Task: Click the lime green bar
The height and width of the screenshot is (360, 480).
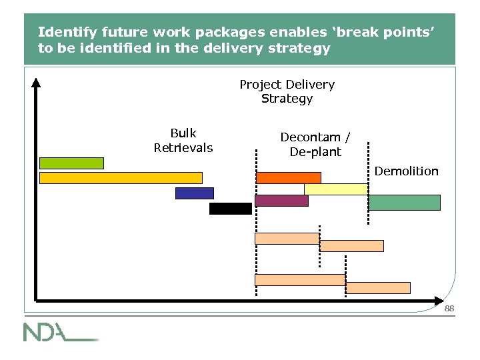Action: pyautogui.click(x=71, y=163)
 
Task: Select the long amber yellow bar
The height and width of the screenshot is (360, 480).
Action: pyautogui.click(x=121, y=178)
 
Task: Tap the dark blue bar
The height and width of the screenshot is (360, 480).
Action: pyautogui.click(x=195, y=193)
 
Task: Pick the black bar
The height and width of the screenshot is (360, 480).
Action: pyautogui.click(x=231, y=209)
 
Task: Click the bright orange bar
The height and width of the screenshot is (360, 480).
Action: pyautogui.click(x=289, y=178)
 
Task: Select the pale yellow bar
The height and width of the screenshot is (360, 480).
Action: pyautogui.click(x=336, y=189)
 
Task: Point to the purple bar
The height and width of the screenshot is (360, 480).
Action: pyautogui.click(x=281, y=201)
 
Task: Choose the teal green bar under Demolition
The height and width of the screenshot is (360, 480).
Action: pyautogui.click(x=404, y=203)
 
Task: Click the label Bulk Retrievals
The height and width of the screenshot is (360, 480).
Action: pyautogui.click(x=183, y=140)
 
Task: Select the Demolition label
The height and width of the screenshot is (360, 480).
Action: pyautogui.click(x=406, y=171)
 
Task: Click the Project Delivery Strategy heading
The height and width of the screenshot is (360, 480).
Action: pyautogui.click(x=287, y=91)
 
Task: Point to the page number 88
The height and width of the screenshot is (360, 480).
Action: pyautogui.click(x=449, y=309)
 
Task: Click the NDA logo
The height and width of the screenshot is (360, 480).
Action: pyautogui.click(x=60, y=332)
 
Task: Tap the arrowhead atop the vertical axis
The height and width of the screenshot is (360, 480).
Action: pyautogui.click(x=36, y=83)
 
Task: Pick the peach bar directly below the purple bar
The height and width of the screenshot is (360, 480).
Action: pyautogui.click(x=287, y=239)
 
